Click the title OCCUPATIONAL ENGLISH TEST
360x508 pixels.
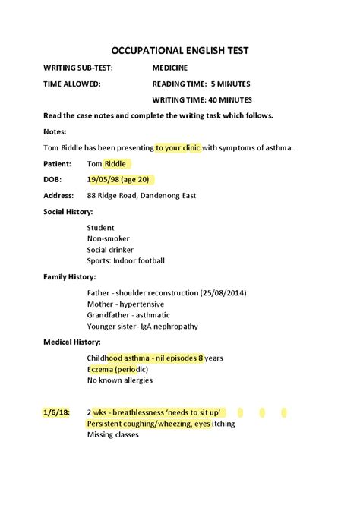tap(180, 51)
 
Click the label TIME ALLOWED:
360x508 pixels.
tap(72, 84)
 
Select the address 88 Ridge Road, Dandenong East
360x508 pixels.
tap(141, 195)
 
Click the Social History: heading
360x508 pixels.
tap(68, 211)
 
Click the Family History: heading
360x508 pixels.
tap(69, 277)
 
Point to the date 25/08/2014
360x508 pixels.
tap(223, 293)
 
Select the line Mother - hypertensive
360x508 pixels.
tap(125, 304)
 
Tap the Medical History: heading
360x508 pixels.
tap(72, 342)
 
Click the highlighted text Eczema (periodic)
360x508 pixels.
tap(118, 369)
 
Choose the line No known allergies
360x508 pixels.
tap(120, 380)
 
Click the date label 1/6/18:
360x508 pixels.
tap(56, 412)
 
